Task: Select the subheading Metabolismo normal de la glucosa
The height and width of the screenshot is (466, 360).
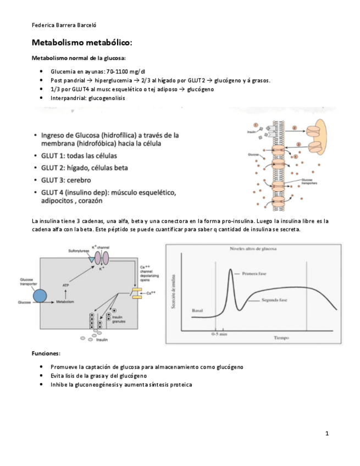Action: (79, 58)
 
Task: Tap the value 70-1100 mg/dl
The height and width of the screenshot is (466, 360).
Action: (126, 71)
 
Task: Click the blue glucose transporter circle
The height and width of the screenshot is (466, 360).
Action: (40, 297)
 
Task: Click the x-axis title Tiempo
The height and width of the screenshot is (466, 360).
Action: (281, 338)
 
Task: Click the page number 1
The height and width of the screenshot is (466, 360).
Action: (326, 434)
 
